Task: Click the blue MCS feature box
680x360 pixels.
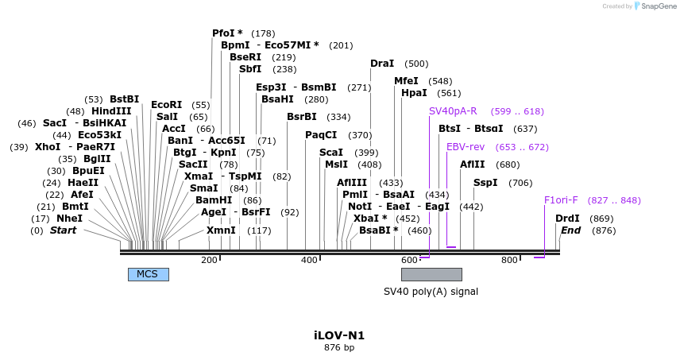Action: (148, 274)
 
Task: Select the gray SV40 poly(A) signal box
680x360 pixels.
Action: (431, 274)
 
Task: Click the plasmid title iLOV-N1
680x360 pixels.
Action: (339, 335)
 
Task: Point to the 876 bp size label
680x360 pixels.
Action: (339, 348)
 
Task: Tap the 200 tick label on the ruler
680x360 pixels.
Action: (209, 260)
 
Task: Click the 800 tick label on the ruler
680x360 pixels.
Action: (508, 260)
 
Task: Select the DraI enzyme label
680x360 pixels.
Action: (382, 64)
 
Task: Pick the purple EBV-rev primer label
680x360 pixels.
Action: (466, 147)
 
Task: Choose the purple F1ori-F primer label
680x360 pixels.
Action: (561, 200)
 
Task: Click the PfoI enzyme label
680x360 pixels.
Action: (227, 33)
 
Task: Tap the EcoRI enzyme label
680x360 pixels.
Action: (166, 105)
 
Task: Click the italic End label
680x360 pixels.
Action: (571, 230)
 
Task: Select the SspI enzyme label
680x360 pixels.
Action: (485, 183)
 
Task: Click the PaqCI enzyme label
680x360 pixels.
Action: (322, 135)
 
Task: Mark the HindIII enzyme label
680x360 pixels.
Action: (111, 111)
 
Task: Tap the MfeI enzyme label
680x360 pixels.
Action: (406, 81)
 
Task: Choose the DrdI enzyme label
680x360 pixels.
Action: (567, 219)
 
